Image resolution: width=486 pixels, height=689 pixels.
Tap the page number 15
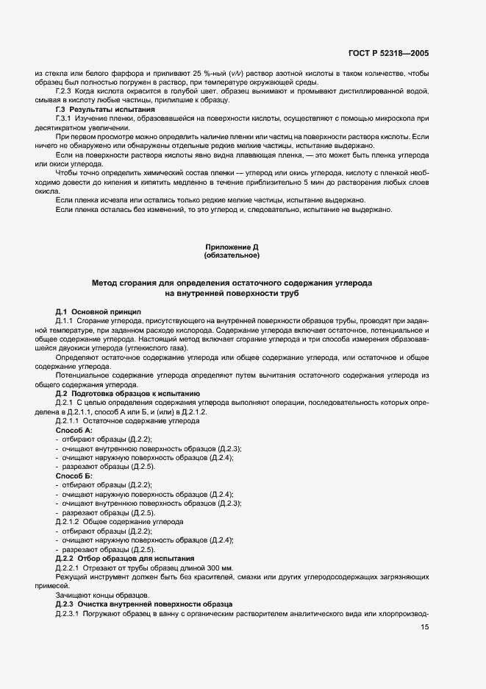425,627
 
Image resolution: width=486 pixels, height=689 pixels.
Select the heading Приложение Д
232,247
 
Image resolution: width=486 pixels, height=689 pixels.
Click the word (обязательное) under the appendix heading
232,256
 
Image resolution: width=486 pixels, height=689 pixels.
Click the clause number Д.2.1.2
68,521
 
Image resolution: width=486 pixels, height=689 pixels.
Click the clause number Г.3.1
66,118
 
